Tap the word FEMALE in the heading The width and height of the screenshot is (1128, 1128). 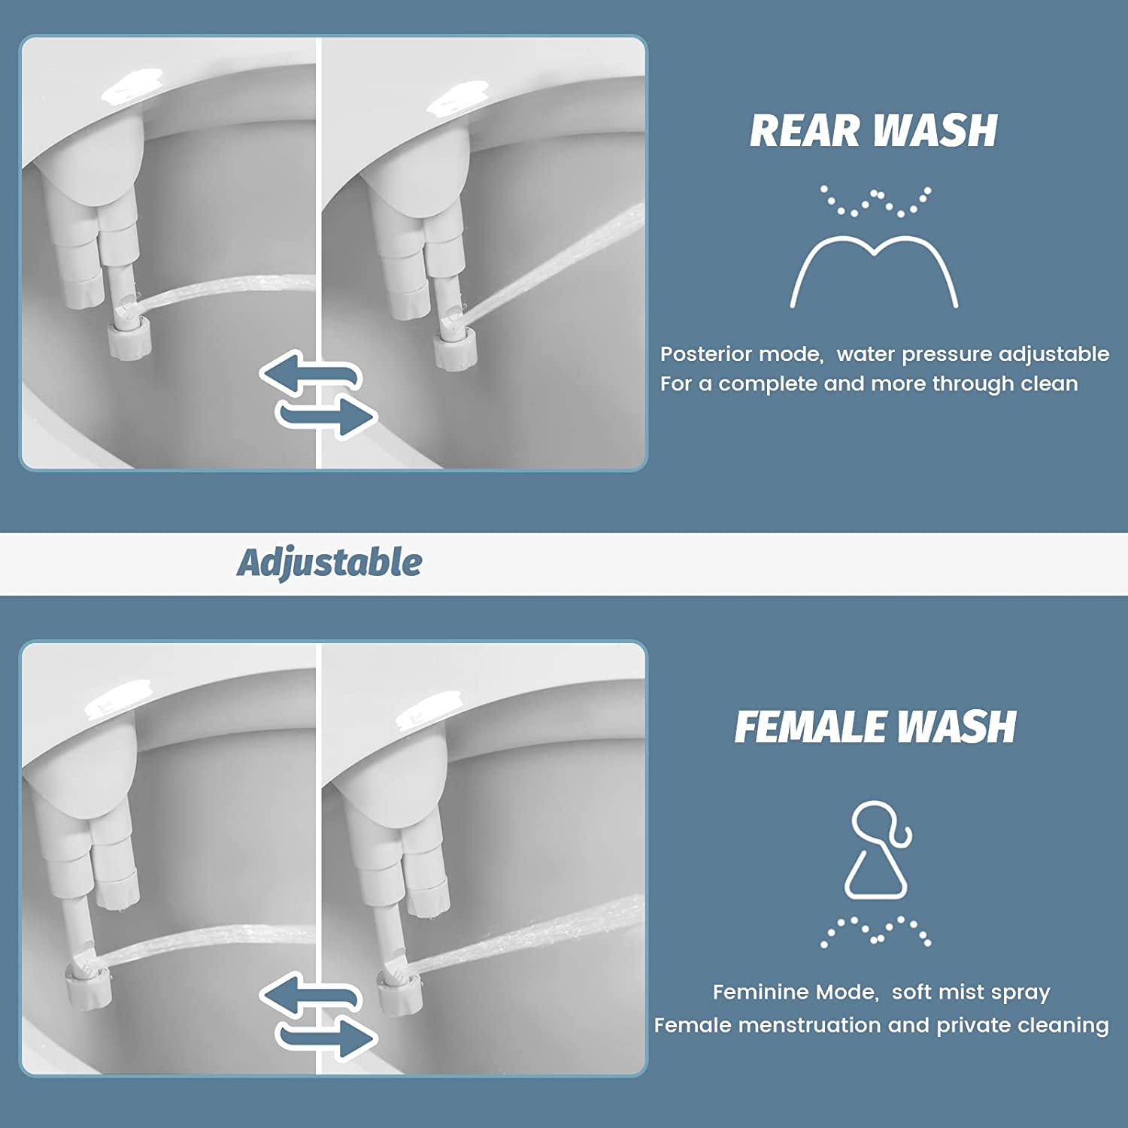pyautogui.click(x=809, y=727)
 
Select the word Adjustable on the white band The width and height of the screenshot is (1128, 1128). pyautogui.click(x=329, y=562)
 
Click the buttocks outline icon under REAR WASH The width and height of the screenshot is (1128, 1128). pyautogui.click(x=874, y=271)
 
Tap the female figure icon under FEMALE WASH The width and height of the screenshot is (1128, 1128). pyautogui.click(x=878, y=850)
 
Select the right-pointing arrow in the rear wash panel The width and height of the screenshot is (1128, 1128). pyautogui.click(x=328, y=416)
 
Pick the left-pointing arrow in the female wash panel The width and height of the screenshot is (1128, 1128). pyautogui.click(x=308, y=995)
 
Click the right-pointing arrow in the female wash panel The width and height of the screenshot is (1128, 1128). pyautogui.click(x=328, y=1038)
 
